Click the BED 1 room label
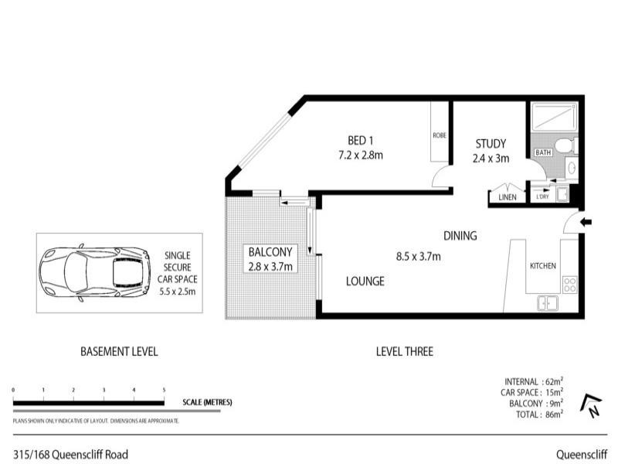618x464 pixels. coord(360,141)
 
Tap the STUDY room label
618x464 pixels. coord(490,144)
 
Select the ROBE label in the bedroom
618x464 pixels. coord(440,135)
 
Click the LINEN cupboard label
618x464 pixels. coord(507,198)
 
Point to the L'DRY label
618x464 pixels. coord(543,198)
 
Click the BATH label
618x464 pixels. coord(543,153)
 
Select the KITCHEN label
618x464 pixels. coord(542,266)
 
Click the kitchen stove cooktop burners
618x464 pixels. coord(570,284)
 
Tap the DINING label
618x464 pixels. coord(460,236)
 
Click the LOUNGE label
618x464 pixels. coord(365,281)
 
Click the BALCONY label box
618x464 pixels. coord(270,259)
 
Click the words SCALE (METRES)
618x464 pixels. coord(207,402)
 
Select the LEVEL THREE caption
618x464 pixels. coord(404,351)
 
